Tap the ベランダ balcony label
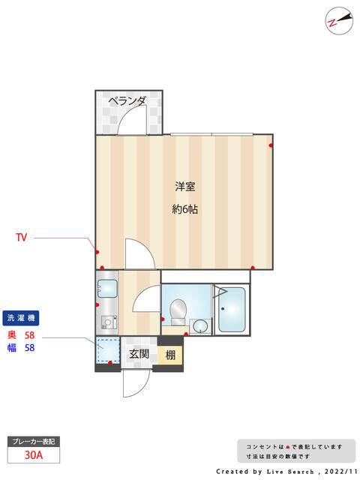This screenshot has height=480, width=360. (x=127, y=100)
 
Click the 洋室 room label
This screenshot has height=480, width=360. (x=185, y=187)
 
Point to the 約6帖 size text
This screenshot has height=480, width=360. (x=185, y=209)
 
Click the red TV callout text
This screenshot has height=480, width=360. (x=22, y=237)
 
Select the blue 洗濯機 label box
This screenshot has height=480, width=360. (x=21, y=318)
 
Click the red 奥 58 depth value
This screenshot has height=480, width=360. (x=21, y=335)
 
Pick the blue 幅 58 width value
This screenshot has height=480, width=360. (x=21, y=348)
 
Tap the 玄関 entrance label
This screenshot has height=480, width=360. (x=139, y=354)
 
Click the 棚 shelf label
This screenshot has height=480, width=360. (x=170, y=355)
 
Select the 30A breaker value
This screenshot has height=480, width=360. (x=34, y=455)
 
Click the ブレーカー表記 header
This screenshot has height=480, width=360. (x=34, y=442)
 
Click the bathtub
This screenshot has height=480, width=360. (x=232, y=310)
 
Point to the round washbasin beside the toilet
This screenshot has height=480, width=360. (x=200, y=325)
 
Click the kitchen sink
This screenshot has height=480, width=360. (x=107, y=289)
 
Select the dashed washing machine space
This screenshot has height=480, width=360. (x=108, y=350)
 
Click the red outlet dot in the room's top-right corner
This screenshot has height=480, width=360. (x=271, y=145)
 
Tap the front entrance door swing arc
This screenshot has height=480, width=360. (x=136, y=385)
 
